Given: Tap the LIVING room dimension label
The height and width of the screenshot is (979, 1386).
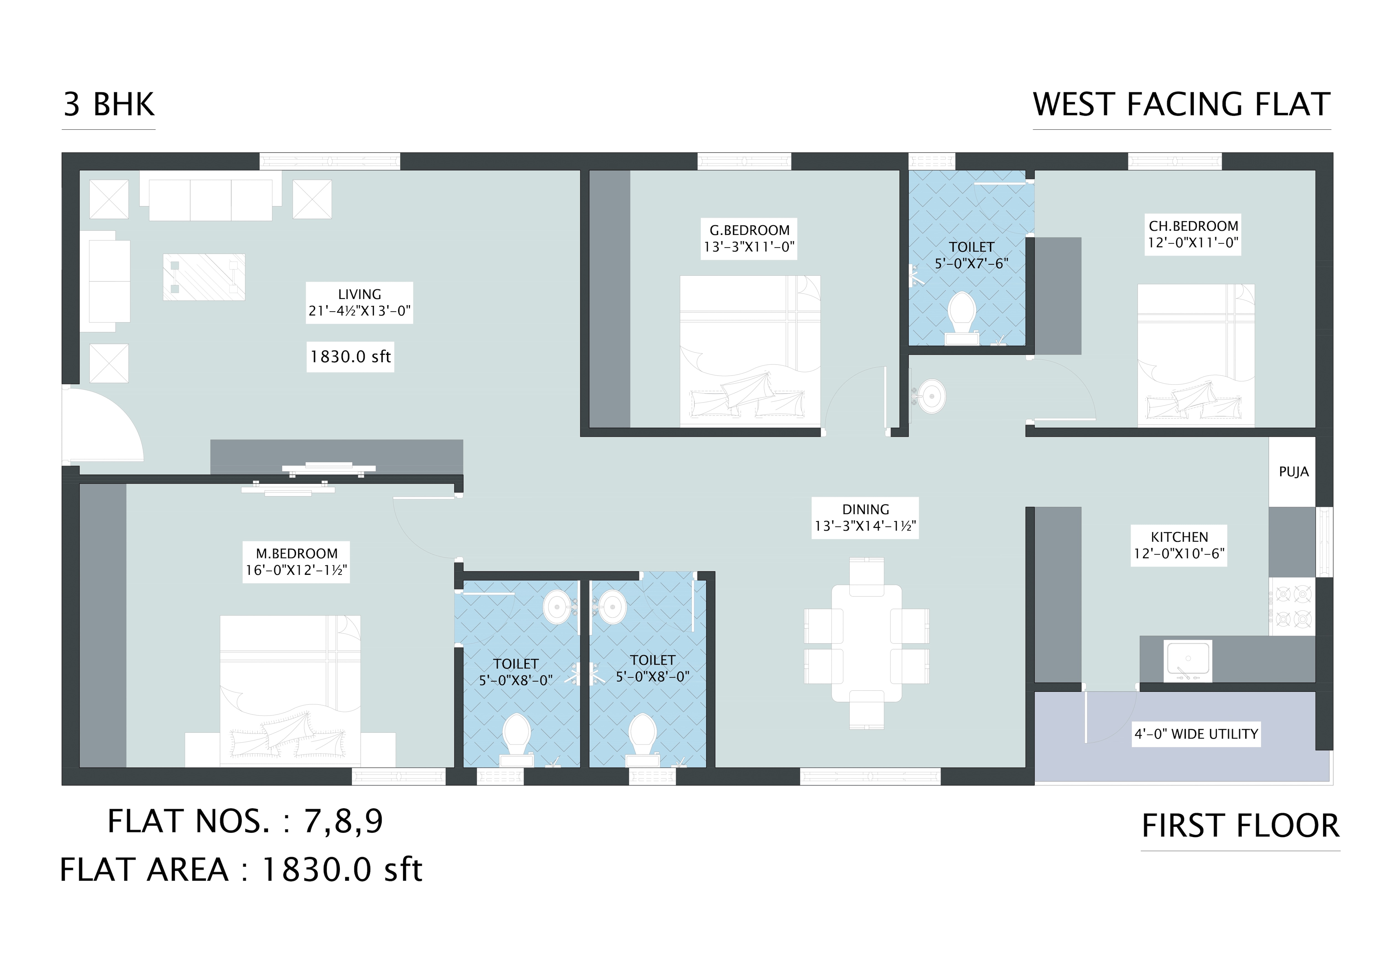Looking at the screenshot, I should click(359, 302).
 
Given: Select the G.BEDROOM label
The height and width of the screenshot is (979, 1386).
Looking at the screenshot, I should click(748, 238).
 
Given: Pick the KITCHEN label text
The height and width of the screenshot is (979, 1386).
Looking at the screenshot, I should click(1179, 545).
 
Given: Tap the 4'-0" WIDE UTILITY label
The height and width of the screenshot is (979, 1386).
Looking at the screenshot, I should click(1196, 734).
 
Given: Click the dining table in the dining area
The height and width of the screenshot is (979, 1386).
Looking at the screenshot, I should click(866, 643).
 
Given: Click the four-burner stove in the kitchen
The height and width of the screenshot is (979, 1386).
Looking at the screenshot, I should click(1292, 606).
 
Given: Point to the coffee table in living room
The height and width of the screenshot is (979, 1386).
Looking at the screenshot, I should click(204, 277).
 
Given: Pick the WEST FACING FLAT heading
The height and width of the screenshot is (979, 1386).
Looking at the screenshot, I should click(1181, 104).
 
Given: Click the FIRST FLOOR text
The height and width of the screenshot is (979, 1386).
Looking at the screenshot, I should click(1240, 826).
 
